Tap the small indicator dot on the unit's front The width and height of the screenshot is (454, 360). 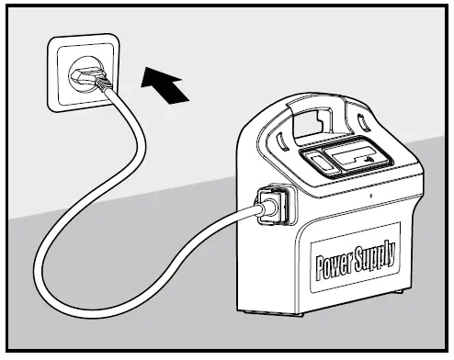pyautogui.click(x=369, y=197)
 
